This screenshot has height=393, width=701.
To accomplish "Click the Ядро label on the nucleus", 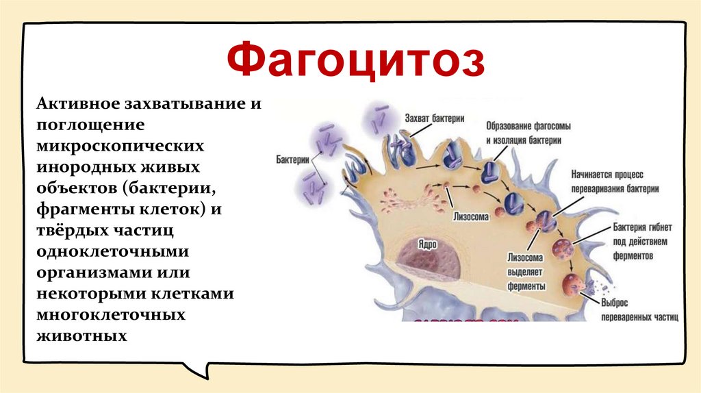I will pos(430,244).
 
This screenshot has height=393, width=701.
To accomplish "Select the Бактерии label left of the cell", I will pos(292,158).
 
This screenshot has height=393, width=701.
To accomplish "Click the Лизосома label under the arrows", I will pos(470,216).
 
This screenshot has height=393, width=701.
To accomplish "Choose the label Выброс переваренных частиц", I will pos(638,310).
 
